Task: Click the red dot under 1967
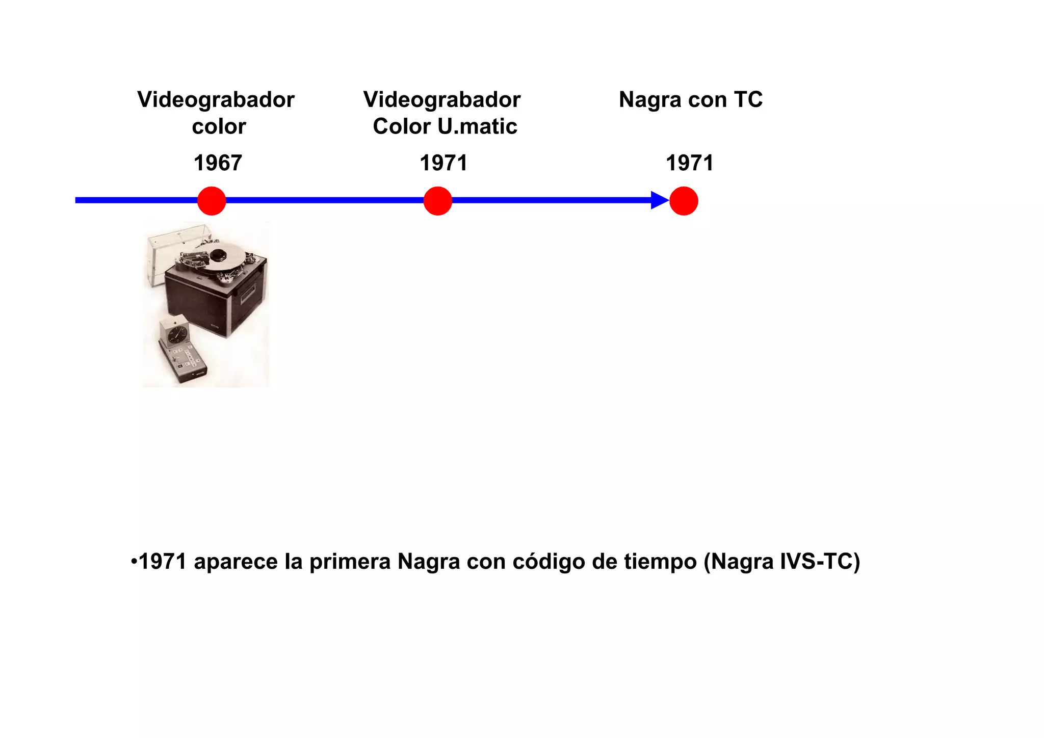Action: point(212,201)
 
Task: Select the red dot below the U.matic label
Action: point(437,201)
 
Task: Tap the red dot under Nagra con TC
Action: point(684,201)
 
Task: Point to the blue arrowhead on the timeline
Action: point(660,200)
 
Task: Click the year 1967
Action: point(218,164)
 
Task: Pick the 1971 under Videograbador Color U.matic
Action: point(443,164)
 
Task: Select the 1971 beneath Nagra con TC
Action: point(690,164)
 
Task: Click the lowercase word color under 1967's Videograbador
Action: point(219,126)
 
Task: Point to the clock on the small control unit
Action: point(177,335)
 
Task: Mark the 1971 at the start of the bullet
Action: point(163,562)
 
